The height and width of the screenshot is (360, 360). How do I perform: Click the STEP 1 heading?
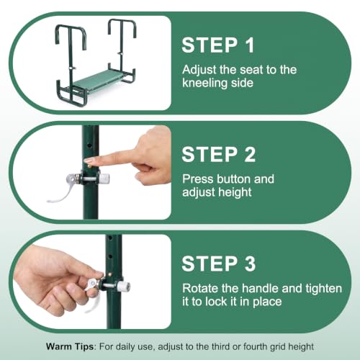[x=218, y=45]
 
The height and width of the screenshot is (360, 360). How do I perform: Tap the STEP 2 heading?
[x=219, y=154]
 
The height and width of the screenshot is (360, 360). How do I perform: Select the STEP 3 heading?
[x=219, y=264]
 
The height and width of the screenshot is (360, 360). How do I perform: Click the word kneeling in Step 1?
[x=204, y=84]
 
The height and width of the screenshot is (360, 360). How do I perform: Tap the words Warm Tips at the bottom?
[x=70, y=347]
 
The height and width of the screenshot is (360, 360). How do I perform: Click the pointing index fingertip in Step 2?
[x=87, y=160]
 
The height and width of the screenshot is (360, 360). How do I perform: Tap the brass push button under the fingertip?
[x=89, y=166]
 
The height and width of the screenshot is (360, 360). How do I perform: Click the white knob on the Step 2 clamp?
[x=104, y=179]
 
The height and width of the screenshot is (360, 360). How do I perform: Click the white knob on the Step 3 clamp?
[x=124, y=287]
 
